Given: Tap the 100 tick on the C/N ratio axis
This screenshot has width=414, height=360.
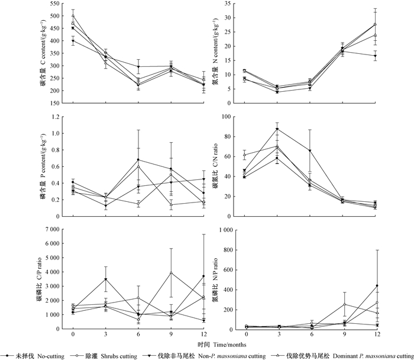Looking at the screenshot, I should click(x=226, y=117).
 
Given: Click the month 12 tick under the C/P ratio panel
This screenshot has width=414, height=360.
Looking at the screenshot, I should click(x=203, y=334).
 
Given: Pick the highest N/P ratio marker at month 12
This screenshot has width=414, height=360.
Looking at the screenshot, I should click(x=376, y=285).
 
